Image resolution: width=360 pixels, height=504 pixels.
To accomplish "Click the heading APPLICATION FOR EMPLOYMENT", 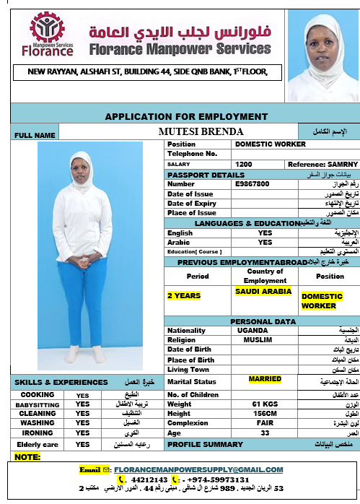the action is [186, 116].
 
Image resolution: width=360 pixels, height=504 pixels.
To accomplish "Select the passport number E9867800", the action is [253, 184].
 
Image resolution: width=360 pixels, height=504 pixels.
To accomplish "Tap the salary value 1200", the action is [244, 165].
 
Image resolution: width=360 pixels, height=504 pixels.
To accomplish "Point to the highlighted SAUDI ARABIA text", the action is [263, 291].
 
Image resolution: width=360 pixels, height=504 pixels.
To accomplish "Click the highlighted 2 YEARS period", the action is [183, 295].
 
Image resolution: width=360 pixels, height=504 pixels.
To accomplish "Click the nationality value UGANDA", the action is [258, 330].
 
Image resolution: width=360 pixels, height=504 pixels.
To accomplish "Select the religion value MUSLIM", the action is [258, 339].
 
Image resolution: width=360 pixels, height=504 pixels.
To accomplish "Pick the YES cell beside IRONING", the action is [82, 433].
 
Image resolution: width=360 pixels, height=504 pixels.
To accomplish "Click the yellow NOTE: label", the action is [28, 456].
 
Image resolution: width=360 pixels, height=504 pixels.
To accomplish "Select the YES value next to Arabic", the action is [265, 243].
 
